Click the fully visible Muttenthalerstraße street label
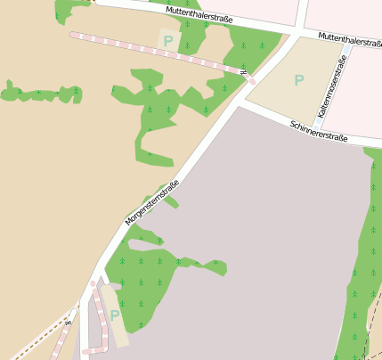click(x=198, y=14)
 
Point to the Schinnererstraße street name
click(x=318, y=130)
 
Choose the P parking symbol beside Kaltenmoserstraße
click(x=298, y=80)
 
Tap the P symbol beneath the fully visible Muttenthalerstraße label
click(x=167, y=40)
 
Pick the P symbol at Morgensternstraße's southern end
click(x=114, y=315)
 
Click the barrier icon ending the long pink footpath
click(x=243, y=72)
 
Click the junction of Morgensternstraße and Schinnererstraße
click(x=239, y=101)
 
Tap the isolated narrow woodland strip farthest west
click(x=40, y=93)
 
